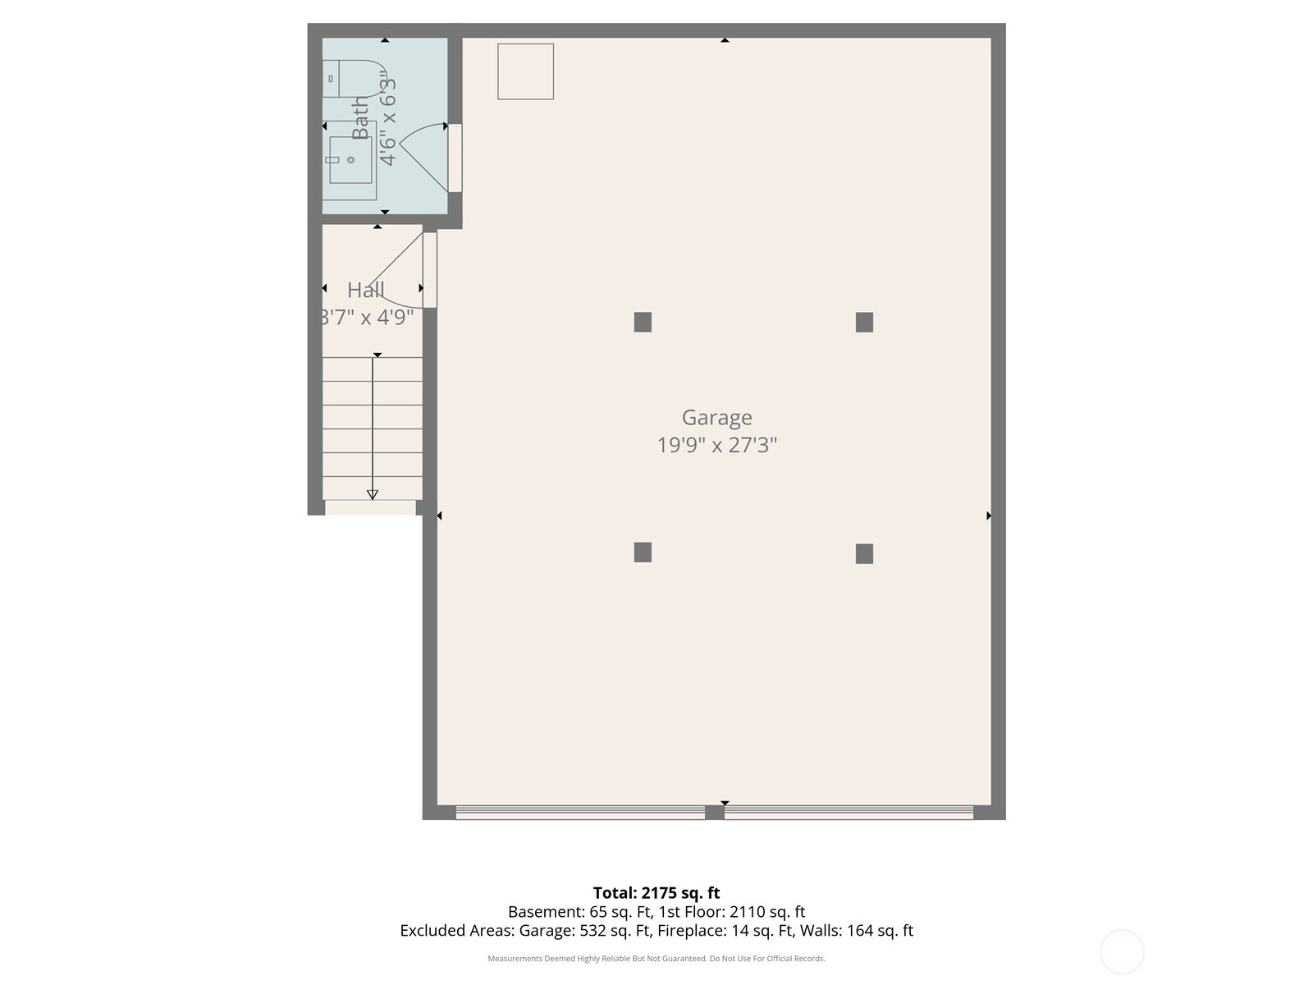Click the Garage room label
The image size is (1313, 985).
click(x=716, y=418)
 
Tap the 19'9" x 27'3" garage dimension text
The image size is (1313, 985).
click(x=716, y=445)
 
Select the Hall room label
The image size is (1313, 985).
click(x=365, y=290)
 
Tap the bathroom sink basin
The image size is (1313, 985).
click(x=350, y=160)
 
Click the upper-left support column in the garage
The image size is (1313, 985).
click(x=643, y=322)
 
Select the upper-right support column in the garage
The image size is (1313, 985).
click(x=864, y=322)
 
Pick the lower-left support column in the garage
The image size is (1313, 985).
click(x=643, y=552)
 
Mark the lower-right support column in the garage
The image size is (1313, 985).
click(x=864, y=554)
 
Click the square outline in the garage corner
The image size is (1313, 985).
click(x=525, y=72)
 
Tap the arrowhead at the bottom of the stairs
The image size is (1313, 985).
click(x=373, y=494)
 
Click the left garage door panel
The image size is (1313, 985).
click(x=580, y=813)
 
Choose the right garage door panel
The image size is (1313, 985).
click(x=849, y=813)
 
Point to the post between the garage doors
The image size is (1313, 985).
click(x=715, y=813)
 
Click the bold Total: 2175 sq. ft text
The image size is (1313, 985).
click(x=656, y=893)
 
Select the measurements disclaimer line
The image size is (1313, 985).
click(x=656, y=959)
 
